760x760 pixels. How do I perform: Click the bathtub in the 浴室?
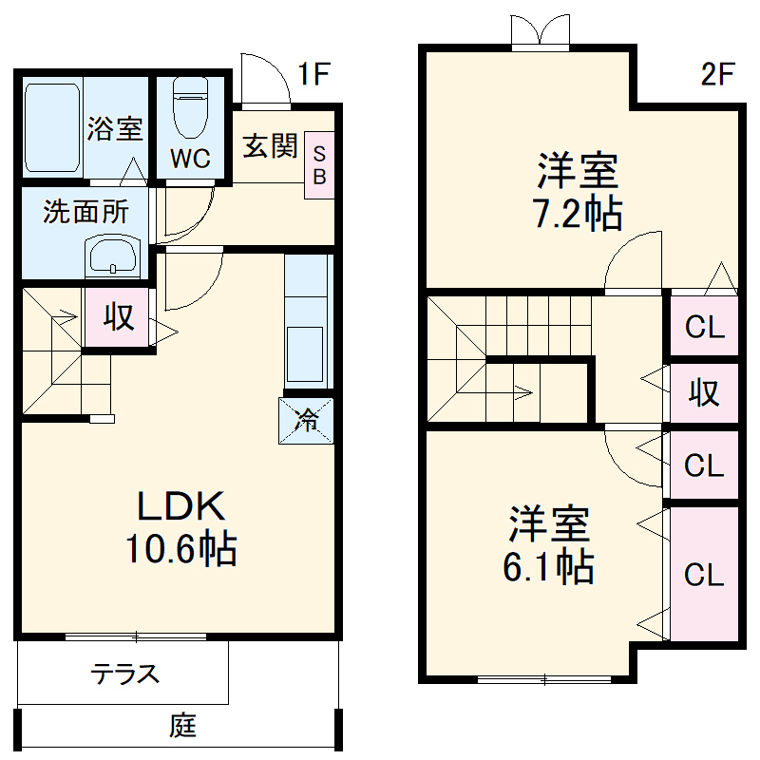(51, 128)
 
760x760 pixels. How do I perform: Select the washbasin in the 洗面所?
(113, 256)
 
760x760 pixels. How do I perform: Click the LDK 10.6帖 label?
(180, 528)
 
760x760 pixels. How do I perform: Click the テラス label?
(124, 674)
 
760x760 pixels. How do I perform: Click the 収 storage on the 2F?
(704, 392)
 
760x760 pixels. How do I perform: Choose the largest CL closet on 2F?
(704, 574)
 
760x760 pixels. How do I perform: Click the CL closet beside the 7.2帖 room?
(704, 328)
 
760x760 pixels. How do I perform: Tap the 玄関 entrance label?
(271, 146)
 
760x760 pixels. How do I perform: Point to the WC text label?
(191, 159)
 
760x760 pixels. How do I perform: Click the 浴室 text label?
(115, 129)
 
